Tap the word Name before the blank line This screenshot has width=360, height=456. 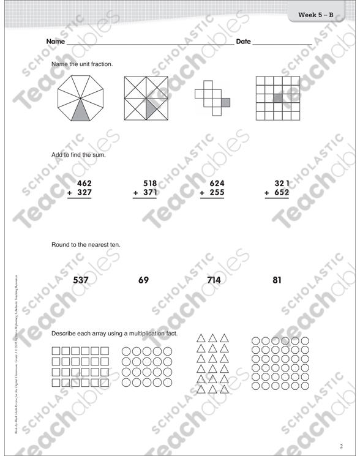point(55,42)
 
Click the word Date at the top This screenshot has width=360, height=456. point(243,42)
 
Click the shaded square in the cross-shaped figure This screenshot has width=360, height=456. point(225,102)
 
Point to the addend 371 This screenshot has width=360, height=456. point(150,193)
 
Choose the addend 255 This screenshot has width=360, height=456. point(217,193)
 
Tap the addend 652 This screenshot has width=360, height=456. point(282,193)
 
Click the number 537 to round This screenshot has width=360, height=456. point(81,281)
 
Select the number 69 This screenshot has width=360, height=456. point(144,281)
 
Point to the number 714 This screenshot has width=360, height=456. point(217,281)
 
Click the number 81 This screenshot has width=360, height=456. point(277,281)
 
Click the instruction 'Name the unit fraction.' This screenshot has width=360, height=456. point(82,64)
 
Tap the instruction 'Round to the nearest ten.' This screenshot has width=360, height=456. point(85,245)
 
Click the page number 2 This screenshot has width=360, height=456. point(341,444)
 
